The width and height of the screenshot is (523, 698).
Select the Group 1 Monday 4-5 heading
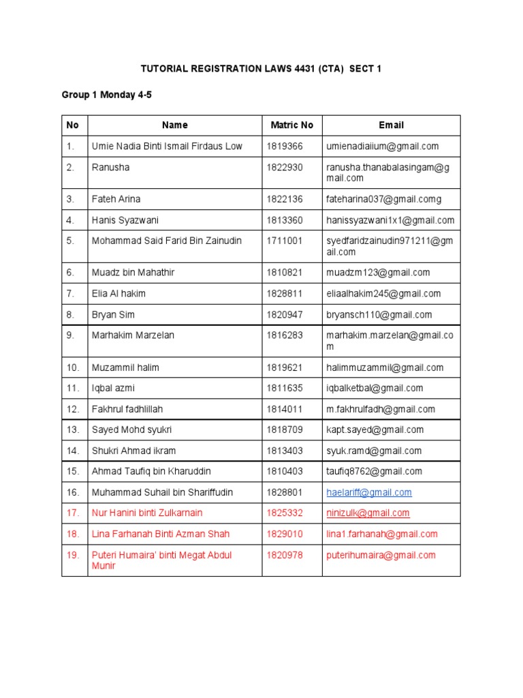click(x=106, y=95)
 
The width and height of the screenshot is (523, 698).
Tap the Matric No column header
click(x=291, y=125)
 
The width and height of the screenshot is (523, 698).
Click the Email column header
click(x=391, y=125)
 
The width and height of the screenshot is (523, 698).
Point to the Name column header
click(x=174, y=125)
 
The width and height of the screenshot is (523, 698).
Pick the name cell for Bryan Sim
click(x=114, y=315)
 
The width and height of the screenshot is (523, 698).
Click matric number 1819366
click(x=284, y=146)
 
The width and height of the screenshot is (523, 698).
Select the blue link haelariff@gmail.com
click(x=368, y=492)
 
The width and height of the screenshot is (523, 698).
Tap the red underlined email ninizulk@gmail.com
click(x=368, y=513)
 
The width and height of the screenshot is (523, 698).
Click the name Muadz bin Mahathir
click(x=133, y=273)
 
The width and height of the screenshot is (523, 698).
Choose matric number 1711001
click(x=284, y=241)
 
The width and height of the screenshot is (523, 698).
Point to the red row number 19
click(x=73, y=555)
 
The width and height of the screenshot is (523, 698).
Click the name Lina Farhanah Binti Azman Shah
click(x=161, y=534)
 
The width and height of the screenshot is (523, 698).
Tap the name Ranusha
click(x=110, y=167)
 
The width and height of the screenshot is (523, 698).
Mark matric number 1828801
click(x=284, y=492)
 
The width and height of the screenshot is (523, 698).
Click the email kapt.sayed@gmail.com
click(x=375, y=429)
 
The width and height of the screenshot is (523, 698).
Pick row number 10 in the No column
click(x=74, y=367)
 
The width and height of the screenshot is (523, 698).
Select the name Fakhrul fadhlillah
click(x=127, y=409)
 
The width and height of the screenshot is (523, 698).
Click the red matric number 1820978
click(x=284, y=555)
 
